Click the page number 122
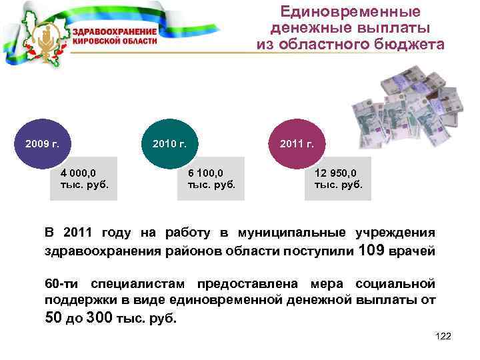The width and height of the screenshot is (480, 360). (x=443, y=335)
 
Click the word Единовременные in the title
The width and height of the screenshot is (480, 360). (x=350, y=12)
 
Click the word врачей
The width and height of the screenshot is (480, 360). (x=414, y=252)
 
